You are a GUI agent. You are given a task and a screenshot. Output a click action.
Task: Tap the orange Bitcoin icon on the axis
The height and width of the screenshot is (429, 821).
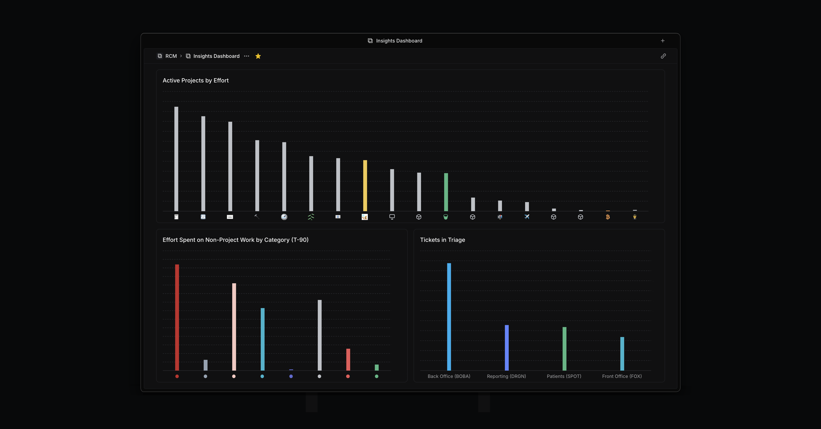point(608,217)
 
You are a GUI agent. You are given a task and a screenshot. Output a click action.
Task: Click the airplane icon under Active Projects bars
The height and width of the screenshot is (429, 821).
point(527,217)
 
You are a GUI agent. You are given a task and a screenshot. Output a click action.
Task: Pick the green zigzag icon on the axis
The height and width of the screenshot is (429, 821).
point(311,217)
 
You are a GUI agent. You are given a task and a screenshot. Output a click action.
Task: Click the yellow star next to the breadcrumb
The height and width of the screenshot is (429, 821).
point(258,56)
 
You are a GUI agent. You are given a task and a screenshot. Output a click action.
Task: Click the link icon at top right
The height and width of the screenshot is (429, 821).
point(663,56)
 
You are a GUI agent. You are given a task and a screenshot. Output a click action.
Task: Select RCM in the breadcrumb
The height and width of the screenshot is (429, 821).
point(171,56)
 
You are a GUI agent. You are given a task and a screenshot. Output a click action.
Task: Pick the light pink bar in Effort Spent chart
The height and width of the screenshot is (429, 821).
point(234,327)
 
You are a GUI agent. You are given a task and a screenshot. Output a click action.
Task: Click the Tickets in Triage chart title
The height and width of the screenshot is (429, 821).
point(442,240)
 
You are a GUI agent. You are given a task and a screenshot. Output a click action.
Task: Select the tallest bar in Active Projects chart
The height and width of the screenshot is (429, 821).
point(176,159)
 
